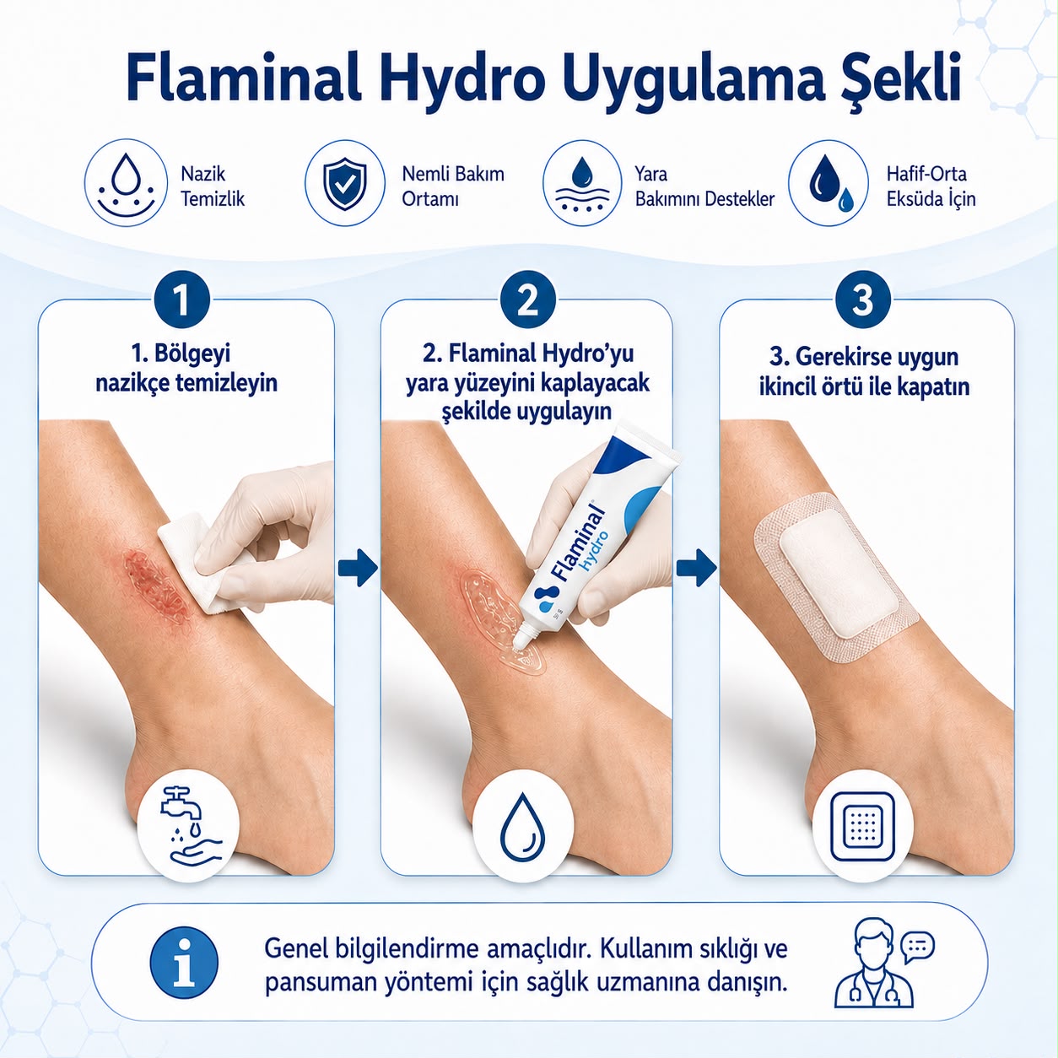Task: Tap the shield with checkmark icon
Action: [x=345, y=183]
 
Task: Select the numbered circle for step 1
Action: [x=181, y=300]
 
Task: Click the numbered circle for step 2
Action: [x=527, y=300]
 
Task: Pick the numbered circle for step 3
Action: [x=862, y=300]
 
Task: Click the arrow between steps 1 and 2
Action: [x=358, y=567]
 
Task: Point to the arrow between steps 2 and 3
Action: [x=696, y=567]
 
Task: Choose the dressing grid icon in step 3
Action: [x=862, y=827]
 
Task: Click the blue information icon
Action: [x=183, y=963]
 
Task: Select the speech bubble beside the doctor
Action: [x=917, y=946]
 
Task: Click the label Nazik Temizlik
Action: [x=213, y=186]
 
